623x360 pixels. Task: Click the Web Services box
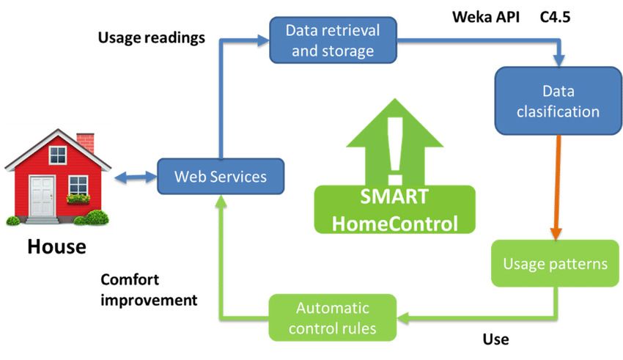point(221,177)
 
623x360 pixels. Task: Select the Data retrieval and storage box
point(333,40)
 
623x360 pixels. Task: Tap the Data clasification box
point(558,101)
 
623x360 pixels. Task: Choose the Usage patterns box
point(555,263)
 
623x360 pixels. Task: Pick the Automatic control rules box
point(333,318)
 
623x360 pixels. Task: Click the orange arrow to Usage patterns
point(557,188)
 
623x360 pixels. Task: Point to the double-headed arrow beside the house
point(136,177)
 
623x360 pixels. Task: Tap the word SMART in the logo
point(394,196)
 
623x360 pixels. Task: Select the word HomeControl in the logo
point(395,224)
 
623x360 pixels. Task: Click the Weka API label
point(486,17)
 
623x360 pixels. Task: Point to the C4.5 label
point(555,17)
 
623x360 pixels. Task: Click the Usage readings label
point(152,37)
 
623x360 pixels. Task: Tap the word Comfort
point(130,279)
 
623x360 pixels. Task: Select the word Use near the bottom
point(496,339)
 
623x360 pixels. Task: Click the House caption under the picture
point(57,246)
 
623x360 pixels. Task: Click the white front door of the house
point(43,196)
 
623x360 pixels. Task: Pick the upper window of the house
point(58,155)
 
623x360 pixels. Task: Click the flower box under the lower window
point(78,199)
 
